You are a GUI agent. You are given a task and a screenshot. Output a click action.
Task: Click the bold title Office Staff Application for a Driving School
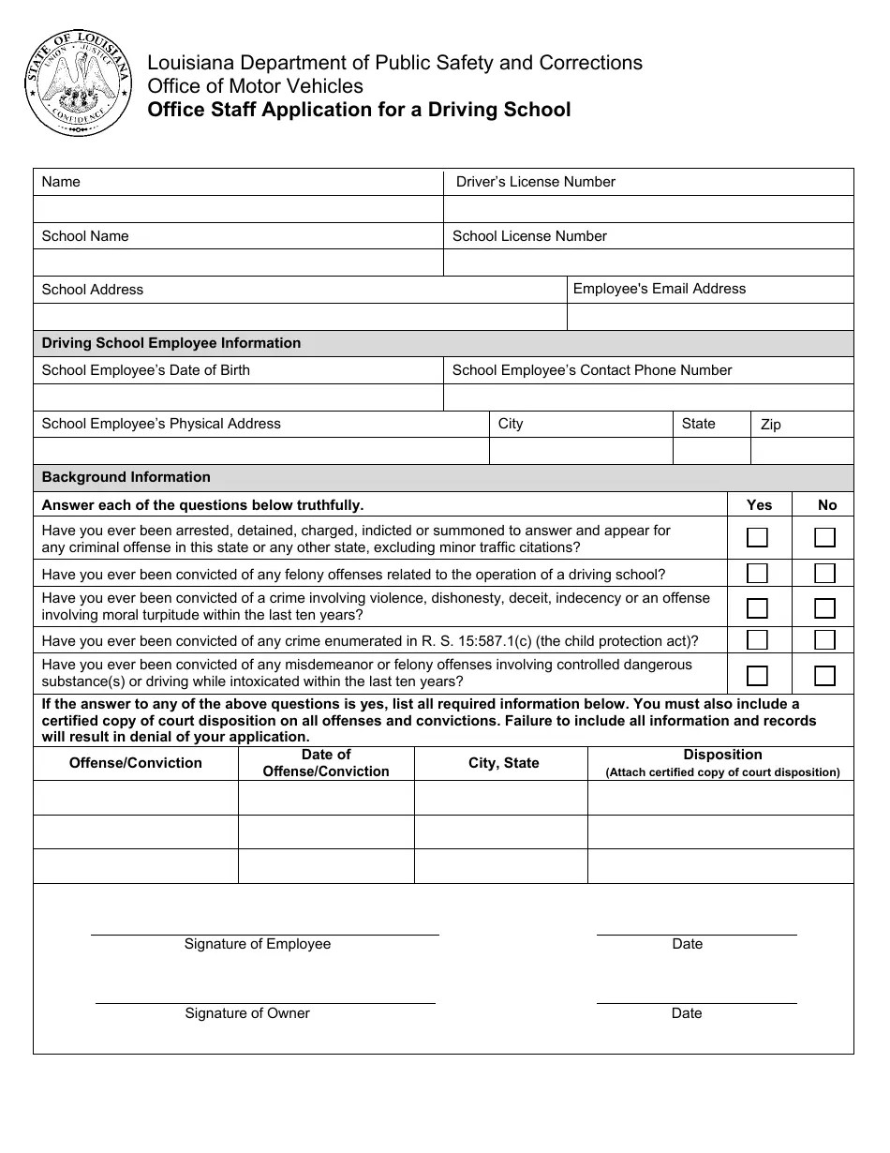click(x=359, y=110)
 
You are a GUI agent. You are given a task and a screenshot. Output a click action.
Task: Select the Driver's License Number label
click(x=535, y=182)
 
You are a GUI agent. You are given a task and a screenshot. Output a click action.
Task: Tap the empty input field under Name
click(x=238, y=209)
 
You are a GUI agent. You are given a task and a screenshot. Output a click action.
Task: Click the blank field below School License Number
click(x=647, y=262)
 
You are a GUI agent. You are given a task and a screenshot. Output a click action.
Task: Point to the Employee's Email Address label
click(x=659, y=289)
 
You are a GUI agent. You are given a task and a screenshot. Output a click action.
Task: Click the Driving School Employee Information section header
click(x=171, y=343)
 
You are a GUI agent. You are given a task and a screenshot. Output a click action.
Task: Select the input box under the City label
click(x=581, y=451)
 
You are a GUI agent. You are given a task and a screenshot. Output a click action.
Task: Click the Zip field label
click(x=770, y=425)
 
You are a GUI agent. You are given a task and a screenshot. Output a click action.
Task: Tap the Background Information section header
click(x=126, y=477)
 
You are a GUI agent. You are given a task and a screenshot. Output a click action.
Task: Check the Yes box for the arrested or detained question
click(x=757, y=537)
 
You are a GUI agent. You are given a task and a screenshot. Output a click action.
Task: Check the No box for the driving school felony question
click(x=824, y=573)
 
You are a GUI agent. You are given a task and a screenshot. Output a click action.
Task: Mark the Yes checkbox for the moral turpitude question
click(x=757, y=607)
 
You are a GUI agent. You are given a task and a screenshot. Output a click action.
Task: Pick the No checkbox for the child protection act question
click(x=824, y=640)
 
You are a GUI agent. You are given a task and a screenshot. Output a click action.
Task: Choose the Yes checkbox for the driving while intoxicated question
click(x=757, y=675)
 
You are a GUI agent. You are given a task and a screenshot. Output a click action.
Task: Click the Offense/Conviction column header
click(x=136, y=763)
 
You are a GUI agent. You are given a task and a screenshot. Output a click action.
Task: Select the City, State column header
click(x=503, y=763)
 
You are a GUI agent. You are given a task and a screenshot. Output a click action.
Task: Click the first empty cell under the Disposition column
click(x=719, y=798)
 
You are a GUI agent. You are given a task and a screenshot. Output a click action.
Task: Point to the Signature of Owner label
click(x=247, y=1013)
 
